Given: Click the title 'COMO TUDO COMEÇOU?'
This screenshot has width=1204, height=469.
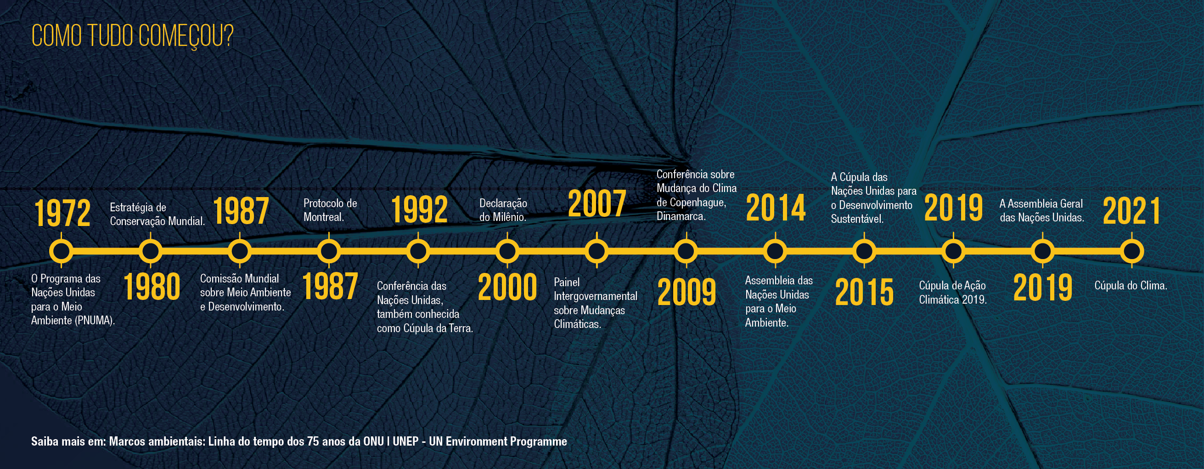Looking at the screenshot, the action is click(x=132, y=36).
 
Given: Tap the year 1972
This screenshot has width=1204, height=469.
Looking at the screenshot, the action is click(x=62, y=213).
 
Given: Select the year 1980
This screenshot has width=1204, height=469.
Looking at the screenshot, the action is click(x=152, y=287).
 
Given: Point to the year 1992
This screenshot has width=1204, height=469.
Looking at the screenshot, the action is click(x=419, y=209).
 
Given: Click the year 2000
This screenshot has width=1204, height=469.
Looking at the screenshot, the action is click(x=507, y=287).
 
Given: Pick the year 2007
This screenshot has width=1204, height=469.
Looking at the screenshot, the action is click(x=597, y=203).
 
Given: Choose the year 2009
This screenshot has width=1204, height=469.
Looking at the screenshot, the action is click(x=686, y=292).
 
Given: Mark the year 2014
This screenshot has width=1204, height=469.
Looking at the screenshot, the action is click(x=776, y=208).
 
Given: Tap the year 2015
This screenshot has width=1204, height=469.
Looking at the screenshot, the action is click(x=864, y=292).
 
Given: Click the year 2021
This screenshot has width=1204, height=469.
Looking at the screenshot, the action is click(x=1131, y=211).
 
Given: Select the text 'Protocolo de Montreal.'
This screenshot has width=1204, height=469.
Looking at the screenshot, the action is click(x=330, y=210).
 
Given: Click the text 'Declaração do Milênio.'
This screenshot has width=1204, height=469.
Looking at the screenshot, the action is click(x=503, y=210).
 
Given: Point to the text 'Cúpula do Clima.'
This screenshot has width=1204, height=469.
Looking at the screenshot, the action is click(x=1131, y=285).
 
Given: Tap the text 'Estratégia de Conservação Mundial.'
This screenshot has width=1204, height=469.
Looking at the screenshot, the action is click(x=157, y=214).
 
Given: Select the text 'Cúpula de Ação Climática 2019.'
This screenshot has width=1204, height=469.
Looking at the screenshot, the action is click(x=952, y=292).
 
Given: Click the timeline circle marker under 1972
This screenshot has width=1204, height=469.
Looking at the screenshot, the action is click(x=61, y=252).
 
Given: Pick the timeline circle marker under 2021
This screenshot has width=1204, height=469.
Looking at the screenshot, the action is click(x=1131, y=252).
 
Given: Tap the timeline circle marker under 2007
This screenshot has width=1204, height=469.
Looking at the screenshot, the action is click(x=597, y=252).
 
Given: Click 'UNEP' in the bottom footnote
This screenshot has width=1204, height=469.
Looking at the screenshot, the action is click(x=405, y=441).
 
